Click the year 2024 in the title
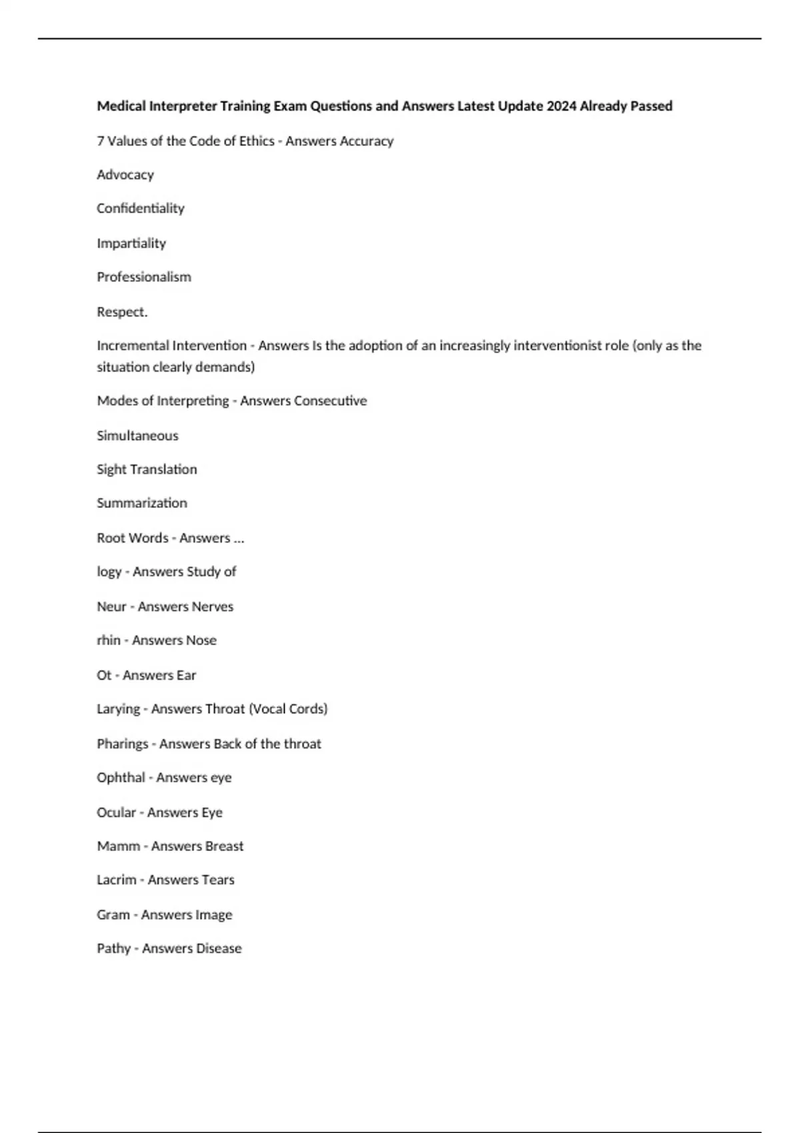(x=561, y=106)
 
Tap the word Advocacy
(x=125, y=175)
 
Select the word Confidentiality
(x=141, y=209)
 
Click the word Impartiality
(x=131, y=243)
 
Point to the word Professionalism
(x=144, y=277)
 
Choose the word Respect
(x=122, y=312)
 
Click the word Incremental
(x=132, y=346)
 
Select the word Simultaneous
(x=137, y=436)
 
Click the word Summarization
(x=142, y=503)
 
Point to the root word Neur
(x=111, y=606)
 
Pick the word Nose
(x=201, y=640)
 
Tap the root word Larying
(x=118, y=709)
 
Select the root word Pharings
(x=122, y=744)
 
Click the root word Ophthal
(x=121, y=778)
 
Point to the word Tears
(x=218, y=880)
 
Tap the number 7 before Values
(x=100, y=141)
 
